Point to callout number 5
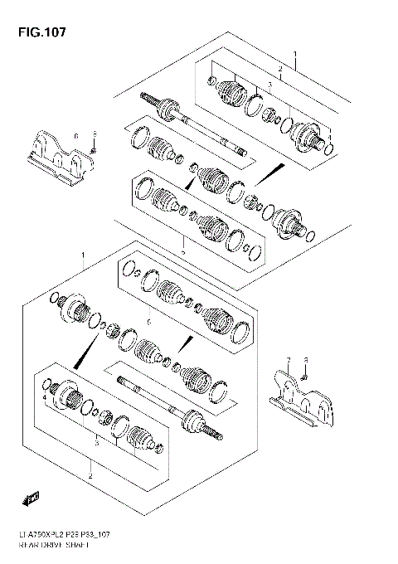[183, 250]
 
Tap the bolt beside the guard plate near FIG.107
[95, 150]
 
